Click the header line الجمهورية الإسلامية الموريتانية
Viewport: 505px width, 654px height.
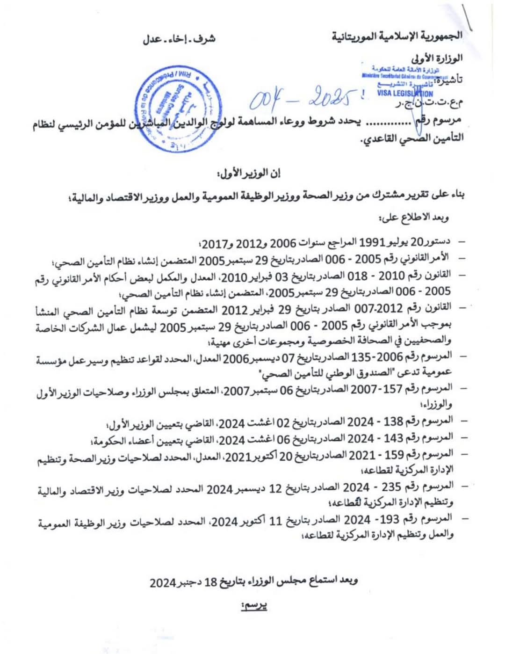tap(397, 36)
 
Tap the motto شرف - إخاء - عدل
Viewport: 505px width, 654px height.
tap(179, 39)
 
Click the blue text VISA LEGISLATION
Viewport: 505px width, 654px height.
tap(405, 93)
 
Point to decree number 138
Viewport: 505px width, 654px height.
tap(393, 421)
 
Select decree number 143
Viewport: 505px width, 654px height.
tap(393, 437)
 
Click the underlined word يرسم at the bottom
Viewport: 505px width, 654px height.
tap(254, 606)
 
